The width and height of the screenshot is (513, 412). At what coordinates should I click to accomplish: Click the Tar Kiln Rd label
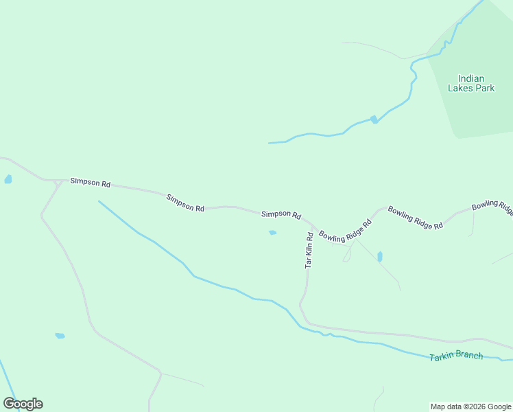(309, 250)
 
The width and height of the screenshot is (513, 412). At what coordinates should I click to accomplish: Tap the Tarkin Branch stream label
(456, 356)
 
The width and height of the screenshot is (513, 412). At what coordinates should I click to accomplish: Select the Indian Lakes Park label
(471, 83)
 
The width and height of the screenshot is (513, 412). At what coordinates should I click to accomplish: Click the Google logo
(23, 404)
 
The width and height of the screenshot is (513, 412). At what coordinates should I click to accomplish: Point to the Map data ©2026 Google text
(471, 407)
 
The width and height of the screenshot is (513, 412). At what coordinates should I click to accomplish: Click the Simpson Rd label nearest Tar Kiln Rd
(281, 215)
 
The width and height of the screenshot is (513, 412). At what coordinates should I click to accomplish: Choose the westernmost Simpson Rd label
(90, 183)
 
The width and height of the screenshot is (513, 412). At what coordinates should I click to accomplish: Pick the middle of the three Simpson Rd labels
(185, 203)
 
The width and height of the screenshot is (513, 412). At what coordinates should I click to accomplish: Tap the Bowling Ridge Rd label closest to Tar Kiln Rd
(345, 229)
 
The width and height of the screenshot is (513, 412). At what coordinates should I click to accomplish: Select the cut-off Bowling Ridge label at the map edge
(492, 207)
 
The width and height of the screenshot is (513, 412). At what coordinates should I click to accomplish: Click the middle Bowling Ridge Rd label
(415, 216)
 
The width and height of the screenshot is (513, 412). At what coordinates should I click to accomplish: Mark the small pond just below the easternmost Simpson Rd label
(272, 233)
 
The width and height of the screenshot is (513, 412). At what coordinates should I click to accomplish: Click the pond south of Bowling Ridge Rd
(380, 257)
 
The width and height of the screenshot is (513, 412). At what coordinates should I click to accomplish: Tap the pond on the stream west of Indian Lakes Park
(374, 119)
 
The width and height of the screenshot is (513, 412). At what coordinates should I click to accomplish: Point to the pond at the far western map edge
(8, 179)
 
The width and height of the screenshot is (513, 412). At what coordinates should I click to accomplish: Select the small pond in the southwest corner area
(60, 336)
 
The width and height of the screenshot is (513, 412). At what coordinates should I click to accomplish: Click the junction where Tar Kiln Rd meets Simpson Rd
(312, 225)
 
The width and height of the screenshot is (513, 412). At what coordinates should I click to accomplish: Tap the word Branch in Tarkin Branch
(470, 356)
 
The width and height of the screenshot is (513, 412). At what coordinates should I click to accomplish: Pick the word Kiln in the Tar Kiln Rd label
(309, 249)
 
